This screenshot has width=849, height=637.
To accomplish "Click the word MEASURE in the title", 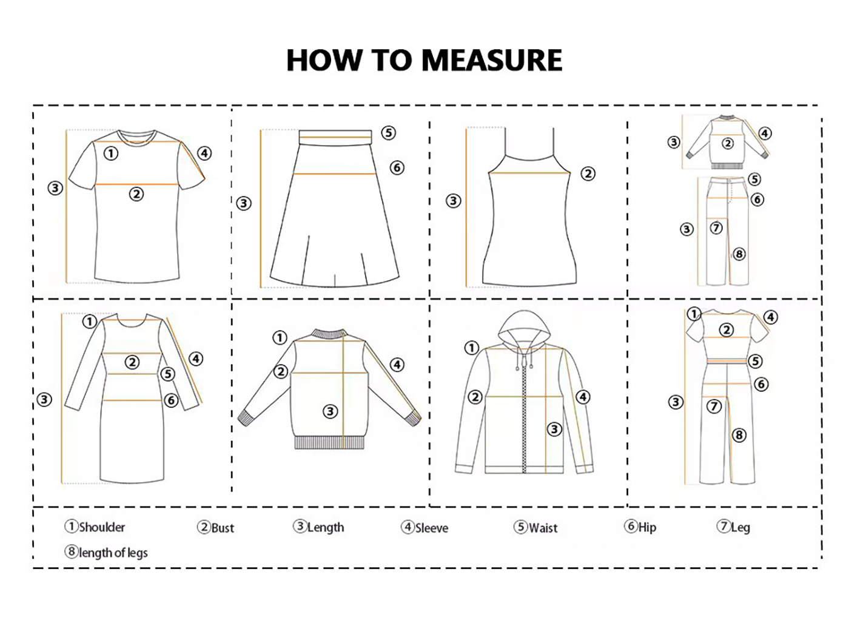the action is point(492,60).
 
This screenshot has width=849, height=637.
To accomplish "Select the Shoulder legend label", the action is point(95,527).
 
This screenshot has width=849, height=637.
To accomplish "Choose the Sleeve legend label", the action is point(424,528).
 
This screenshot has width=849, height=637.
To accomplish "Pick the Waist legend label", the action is point(535,528).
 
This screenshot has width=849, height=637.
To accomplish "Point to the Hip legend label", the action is point(640,527).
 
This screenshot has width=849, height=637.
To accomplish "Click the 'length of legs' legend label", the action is point(106,552).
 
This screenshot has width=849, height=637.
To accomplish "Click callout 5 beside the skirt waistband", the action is point(388,133).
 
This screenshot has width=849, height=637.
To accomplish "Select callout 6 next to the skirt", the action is point(397,168).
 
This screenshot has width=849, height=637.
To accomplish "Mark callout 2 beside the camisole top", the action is point(588,174).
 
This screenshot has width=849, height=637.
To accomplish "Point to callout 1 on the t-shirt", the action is point(111,153).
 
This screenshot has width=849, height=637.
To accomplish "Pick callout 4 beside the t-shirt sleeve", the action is point(204,153).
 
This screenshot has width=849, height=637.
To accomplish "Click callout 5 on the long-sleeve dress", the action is point(167,374).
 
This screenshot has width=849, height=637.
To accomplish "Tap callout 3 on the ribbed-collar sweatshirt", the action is point(330,411).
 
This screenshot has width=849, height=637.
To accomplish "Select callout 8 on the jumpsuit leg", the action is point(739,435).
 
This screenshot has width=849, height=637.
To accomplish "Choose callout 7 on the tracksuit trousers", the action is point(716,228).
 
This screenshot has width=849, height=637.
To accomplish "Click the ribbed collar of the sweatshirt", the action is point(329,334).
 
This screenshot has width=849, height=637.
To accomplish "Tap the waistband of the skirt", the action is point(335,138).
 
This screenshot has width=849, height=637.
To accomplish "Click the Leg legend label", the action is point(733,527).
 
